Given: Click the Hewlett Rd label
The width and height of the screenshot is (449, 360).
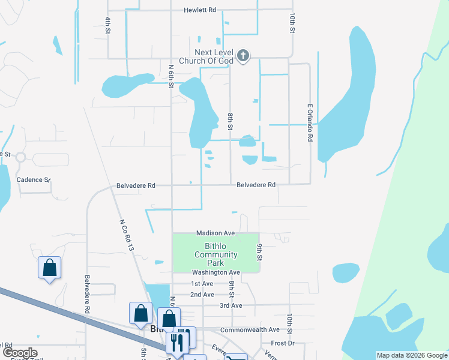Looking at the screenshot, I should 200,10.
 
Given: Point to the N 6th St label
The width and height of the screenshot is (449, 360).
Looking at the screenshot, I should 171,77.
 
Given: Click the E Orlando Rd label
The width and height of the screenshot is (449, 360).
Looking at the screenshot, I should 310,123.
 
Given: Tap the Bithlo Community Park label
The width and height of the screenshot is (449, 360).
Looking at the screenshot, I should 215,254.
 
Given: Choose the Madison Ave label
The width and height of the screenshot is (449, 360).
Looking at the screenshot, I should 215,233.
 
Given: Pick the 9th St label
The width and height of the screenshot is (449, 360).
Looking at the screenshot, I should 260,253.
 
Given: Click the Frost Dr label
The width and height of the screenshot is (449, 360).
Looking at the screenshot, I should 282,343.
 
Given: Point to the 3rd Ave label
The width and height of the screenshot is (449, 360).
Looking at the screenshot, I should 231,305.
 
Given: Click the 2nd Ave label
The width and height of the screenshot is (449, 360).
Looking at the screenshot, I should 202,295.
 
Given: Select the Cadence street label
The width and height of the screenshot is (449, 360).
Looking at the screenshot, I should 33,179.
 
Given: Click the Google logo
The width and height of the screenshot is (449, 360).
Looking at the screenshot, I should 19,353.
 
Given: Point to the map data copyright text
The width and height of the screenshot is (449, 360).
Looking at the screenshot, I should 412,355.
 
